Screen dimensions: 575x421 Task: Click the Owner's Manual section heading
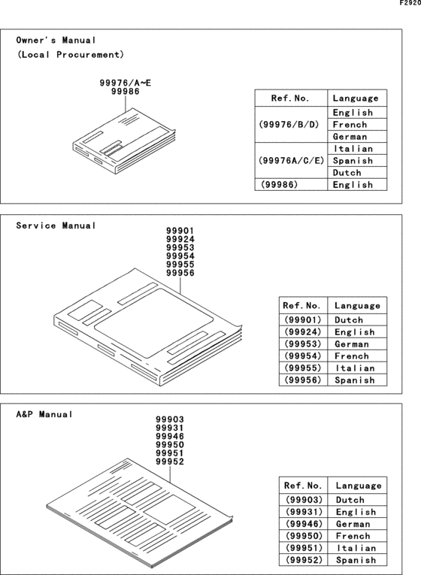(x=56, y=40)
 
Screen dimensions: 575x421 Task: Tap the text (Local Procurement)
(x=70, y=55)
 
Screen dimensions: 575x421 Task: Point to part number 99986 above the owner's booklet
(x=125, y=91)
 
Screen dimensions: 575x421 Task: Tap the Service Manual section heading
(x=56, y=225)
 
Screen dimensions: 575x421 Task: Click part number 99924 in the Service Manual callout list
(x=180, y=240)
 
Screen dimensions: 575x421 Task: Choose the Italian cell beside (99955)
(x=354, y=368)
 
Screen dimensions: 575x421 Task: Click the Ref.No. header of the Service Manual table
(x=301, y=306)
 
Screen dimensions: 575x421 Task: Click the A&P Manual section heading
(x=44, y=414)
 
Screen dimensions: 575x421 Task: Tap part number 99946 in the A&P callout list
(x=170, y=436)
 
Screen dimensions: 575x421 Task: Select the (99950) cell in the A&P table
(x=302, y=536)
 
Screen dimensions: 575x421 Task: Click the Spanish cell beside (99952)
(x=355, y=560)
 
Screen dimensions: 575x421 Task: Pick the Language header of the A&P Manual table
(x=358, y=486)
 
